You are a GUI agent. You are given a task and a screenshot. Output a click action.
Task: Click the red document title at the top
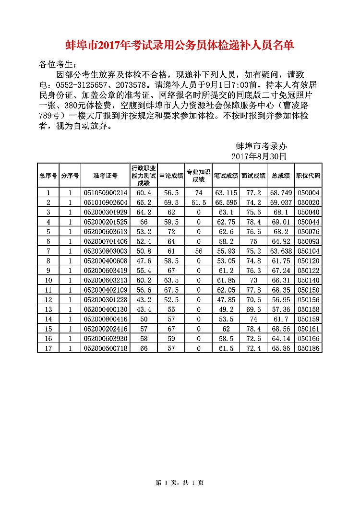(180, 46)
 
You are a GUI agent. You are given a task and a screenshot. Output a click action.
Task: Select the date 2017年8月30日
(259, 156)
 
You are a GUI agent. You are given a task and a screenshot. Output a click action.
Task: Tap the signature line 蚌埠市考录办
(262, 146)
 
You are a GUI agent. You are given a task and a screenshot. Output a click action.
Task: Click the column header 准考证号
(105, 176)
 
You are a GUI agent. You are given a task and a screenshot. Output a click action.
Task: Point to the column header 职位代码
(308, 176)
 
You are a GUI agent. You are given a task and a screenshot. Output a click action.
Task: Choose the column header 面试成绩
(253, 176)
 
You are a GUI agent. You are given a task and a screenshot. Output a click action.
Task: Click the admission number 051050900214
(105, 193)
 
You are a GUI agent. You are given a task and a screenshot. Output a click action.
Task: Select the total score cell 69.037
(281, 202)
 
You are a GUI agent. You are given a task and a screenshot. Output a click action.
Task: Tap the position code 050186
(308, 348)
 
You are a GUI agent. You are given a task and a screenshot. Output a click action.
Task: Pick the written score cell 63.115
(226, 193)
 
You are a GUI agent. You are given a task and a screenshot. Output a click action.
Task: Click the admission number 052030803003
(105, 251)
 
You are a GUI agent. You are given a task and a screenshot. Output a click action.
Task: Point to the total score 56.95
(281, 299)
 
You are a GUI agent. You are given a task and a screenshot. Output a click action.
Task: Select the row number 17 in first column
(48, 348)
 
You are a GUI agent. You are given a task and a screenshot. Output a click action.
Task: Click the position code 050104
(308, 251)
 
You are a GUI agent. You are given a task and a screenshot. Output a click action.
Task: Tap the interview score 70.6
(253, 299)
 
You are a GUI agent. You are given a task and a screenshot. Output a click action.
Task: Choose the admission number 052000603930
(105, 338)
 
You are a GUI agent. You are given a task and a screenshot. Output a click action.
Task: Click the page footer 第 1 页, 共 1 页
(180, 483)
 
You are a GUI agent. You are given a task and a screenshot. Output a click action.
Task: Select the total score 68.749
(281, 193)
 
